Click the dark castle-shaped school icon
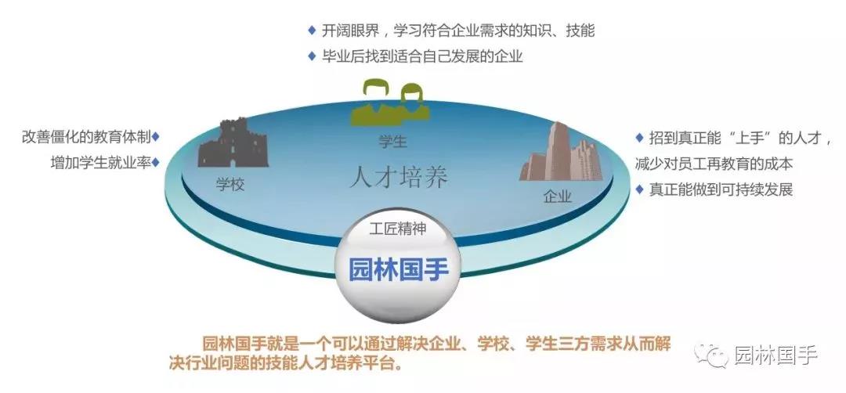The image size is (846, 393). (233, 142)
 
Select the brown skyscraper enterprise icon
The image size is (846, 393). (561, 152)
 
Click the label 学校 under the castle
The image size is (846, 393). (230, 185)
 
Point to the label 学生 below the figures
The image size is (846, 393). (392, 142)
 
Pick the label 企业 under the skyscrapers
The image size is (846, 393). (558, 196)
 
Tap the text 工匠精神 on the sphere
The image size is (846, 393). (398, 229)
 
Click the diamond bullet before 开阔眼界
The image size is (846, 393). (311, 31)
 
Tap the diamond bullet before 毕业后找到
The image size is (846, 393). (311, 56)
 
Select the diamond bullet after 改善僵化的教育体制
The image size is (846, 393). (155, 136)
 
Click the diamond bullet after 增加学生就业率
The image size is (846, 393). (155, 162)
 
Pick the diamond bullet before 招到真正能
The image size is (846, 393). (639, 138)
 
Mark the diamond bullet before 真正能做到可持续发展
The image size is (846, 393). (639, 189)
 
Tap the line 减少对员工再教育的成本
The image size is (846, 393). (714, 164)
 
